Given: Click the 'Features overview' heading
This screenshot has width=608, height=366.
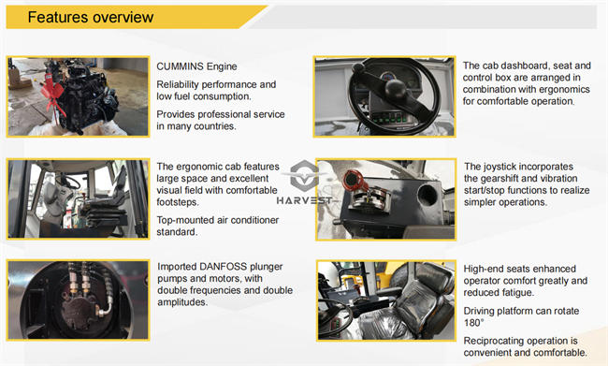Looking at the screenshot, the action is click(91, 18).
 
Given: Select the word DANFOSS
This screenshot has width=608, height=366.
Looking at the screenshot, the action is click(223, 267).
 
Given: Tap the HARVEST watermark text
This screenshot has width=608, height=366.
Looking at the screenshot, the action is click(304, 200).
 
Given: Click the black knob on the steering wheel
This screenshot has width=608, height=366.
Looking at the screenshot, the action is click(396, 89).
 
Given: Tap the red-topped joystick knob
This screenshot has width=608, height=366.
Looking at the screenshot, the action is click(352, 180).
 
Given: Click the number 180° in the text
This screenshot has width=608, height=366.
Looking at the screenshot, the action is click(474, 323).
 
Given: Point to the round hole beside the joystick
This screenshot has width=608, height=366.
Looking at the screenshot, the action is click(427, 195).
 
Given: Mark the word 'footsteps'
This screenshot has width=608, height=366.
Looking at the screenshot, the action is click(178, 202).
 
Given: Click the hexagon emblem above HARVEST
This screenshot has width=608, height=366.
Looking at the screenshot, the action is click(305, 175).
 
